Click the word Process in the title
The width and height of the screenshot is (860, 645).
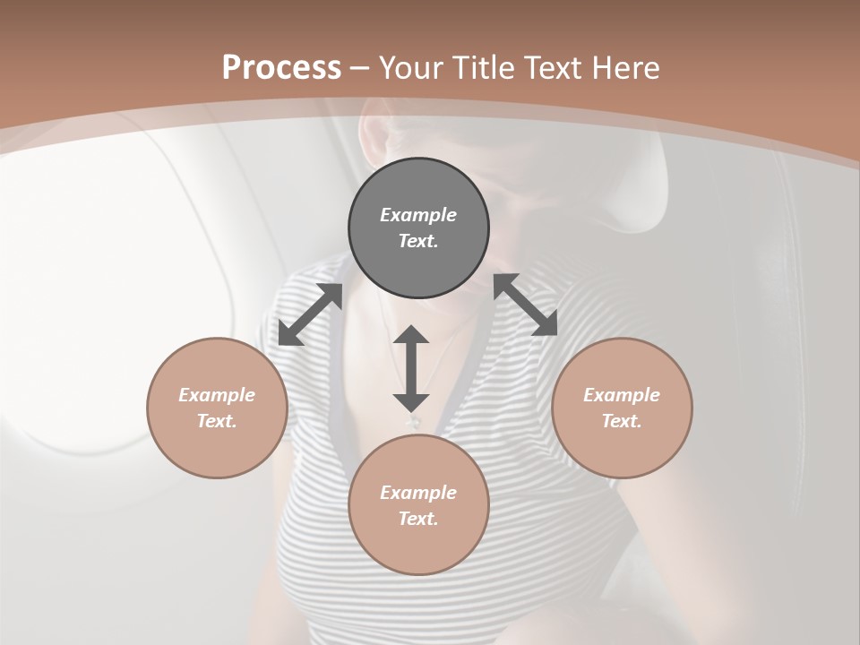[281, 67]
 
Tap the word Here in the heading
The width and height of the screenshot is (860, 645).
[622, 67]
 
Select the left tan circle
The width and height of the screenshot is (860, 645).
[217, 448]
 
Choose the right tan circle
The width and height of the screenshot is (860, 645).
[622, 448]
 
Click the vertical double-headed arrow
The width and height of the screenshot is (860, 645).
[411, 368]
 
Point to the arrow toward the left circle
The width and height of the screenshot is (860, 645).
[310, 314]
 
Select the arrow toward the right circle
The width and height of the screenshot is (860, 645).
[525, 305]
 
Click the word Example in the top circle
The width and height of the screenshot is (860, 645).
[418, 215]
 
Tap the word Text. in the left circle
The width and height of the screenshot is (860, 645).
[217, 421]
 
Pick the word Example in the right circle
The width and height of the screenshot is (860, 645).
[622, 395]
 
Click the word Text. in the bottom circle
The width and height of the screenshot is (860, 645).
[418, 519]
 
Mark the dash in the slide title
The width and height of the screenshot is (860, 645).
[360, 68]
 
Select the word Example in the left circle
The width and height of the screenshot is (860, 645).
[217, 395]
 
